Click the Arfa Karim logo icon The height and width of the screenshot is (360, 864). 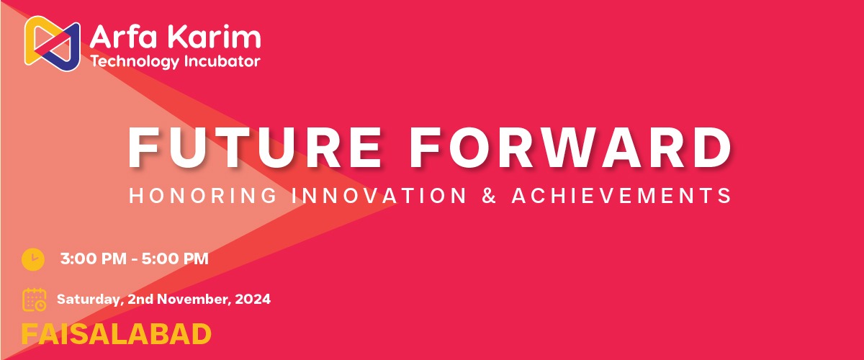click(52, 43)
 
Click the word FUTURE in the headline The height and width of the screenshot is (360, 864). click(255, 148)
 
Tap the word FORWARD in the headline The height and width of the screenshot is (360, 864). click(570, 148)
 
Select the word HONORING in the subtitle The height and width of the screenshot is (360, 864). click(203, 195)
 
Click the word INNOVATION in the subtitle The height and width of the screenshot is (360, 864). click(379, 195)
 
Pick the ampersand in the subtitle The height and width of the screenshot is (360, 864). click(489, 195)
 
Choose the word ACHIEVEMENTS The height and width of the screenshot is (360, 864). click(621, 195)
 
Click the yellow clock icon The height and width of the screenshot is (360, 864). click(33, 259)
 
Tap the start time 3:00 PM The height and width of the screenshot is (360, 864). click(94, 258)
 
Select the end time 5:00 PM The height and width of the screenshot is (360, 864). click(175, 258)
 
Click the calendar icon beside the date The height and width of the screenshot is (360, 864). click(35, 300)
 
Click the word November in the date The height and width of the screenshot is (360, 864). click(194, 299)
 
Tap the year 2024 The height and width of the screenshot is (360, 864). click(253, 299)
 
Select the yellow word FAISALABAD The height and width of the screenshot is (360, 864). click(116, 334)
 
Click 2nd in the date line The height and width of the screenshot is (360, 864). click(140, 299)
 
